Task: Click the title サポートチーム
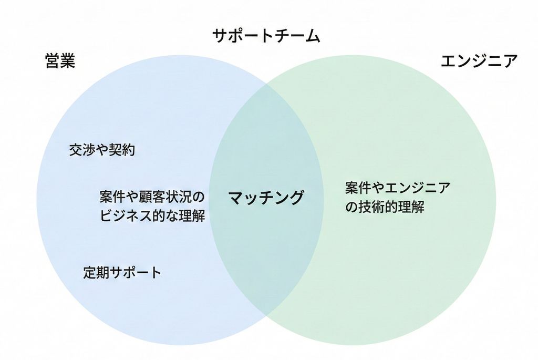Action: [266, 36]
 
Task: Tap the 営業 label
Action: [60, 61]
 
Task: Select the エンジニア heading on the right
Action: [479, 61]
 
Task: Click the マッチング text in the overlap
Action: [266, 198]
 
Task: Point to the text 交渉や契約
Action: [102, 150]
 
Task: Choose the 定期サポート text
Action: [122, 273]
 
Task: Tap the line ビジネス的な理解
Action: [152, 215]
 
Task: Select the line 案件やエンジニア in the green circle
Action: [398, 188]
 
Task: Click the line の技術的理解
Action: [385, 207]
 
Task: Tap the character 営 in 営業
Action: [53, 61]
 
